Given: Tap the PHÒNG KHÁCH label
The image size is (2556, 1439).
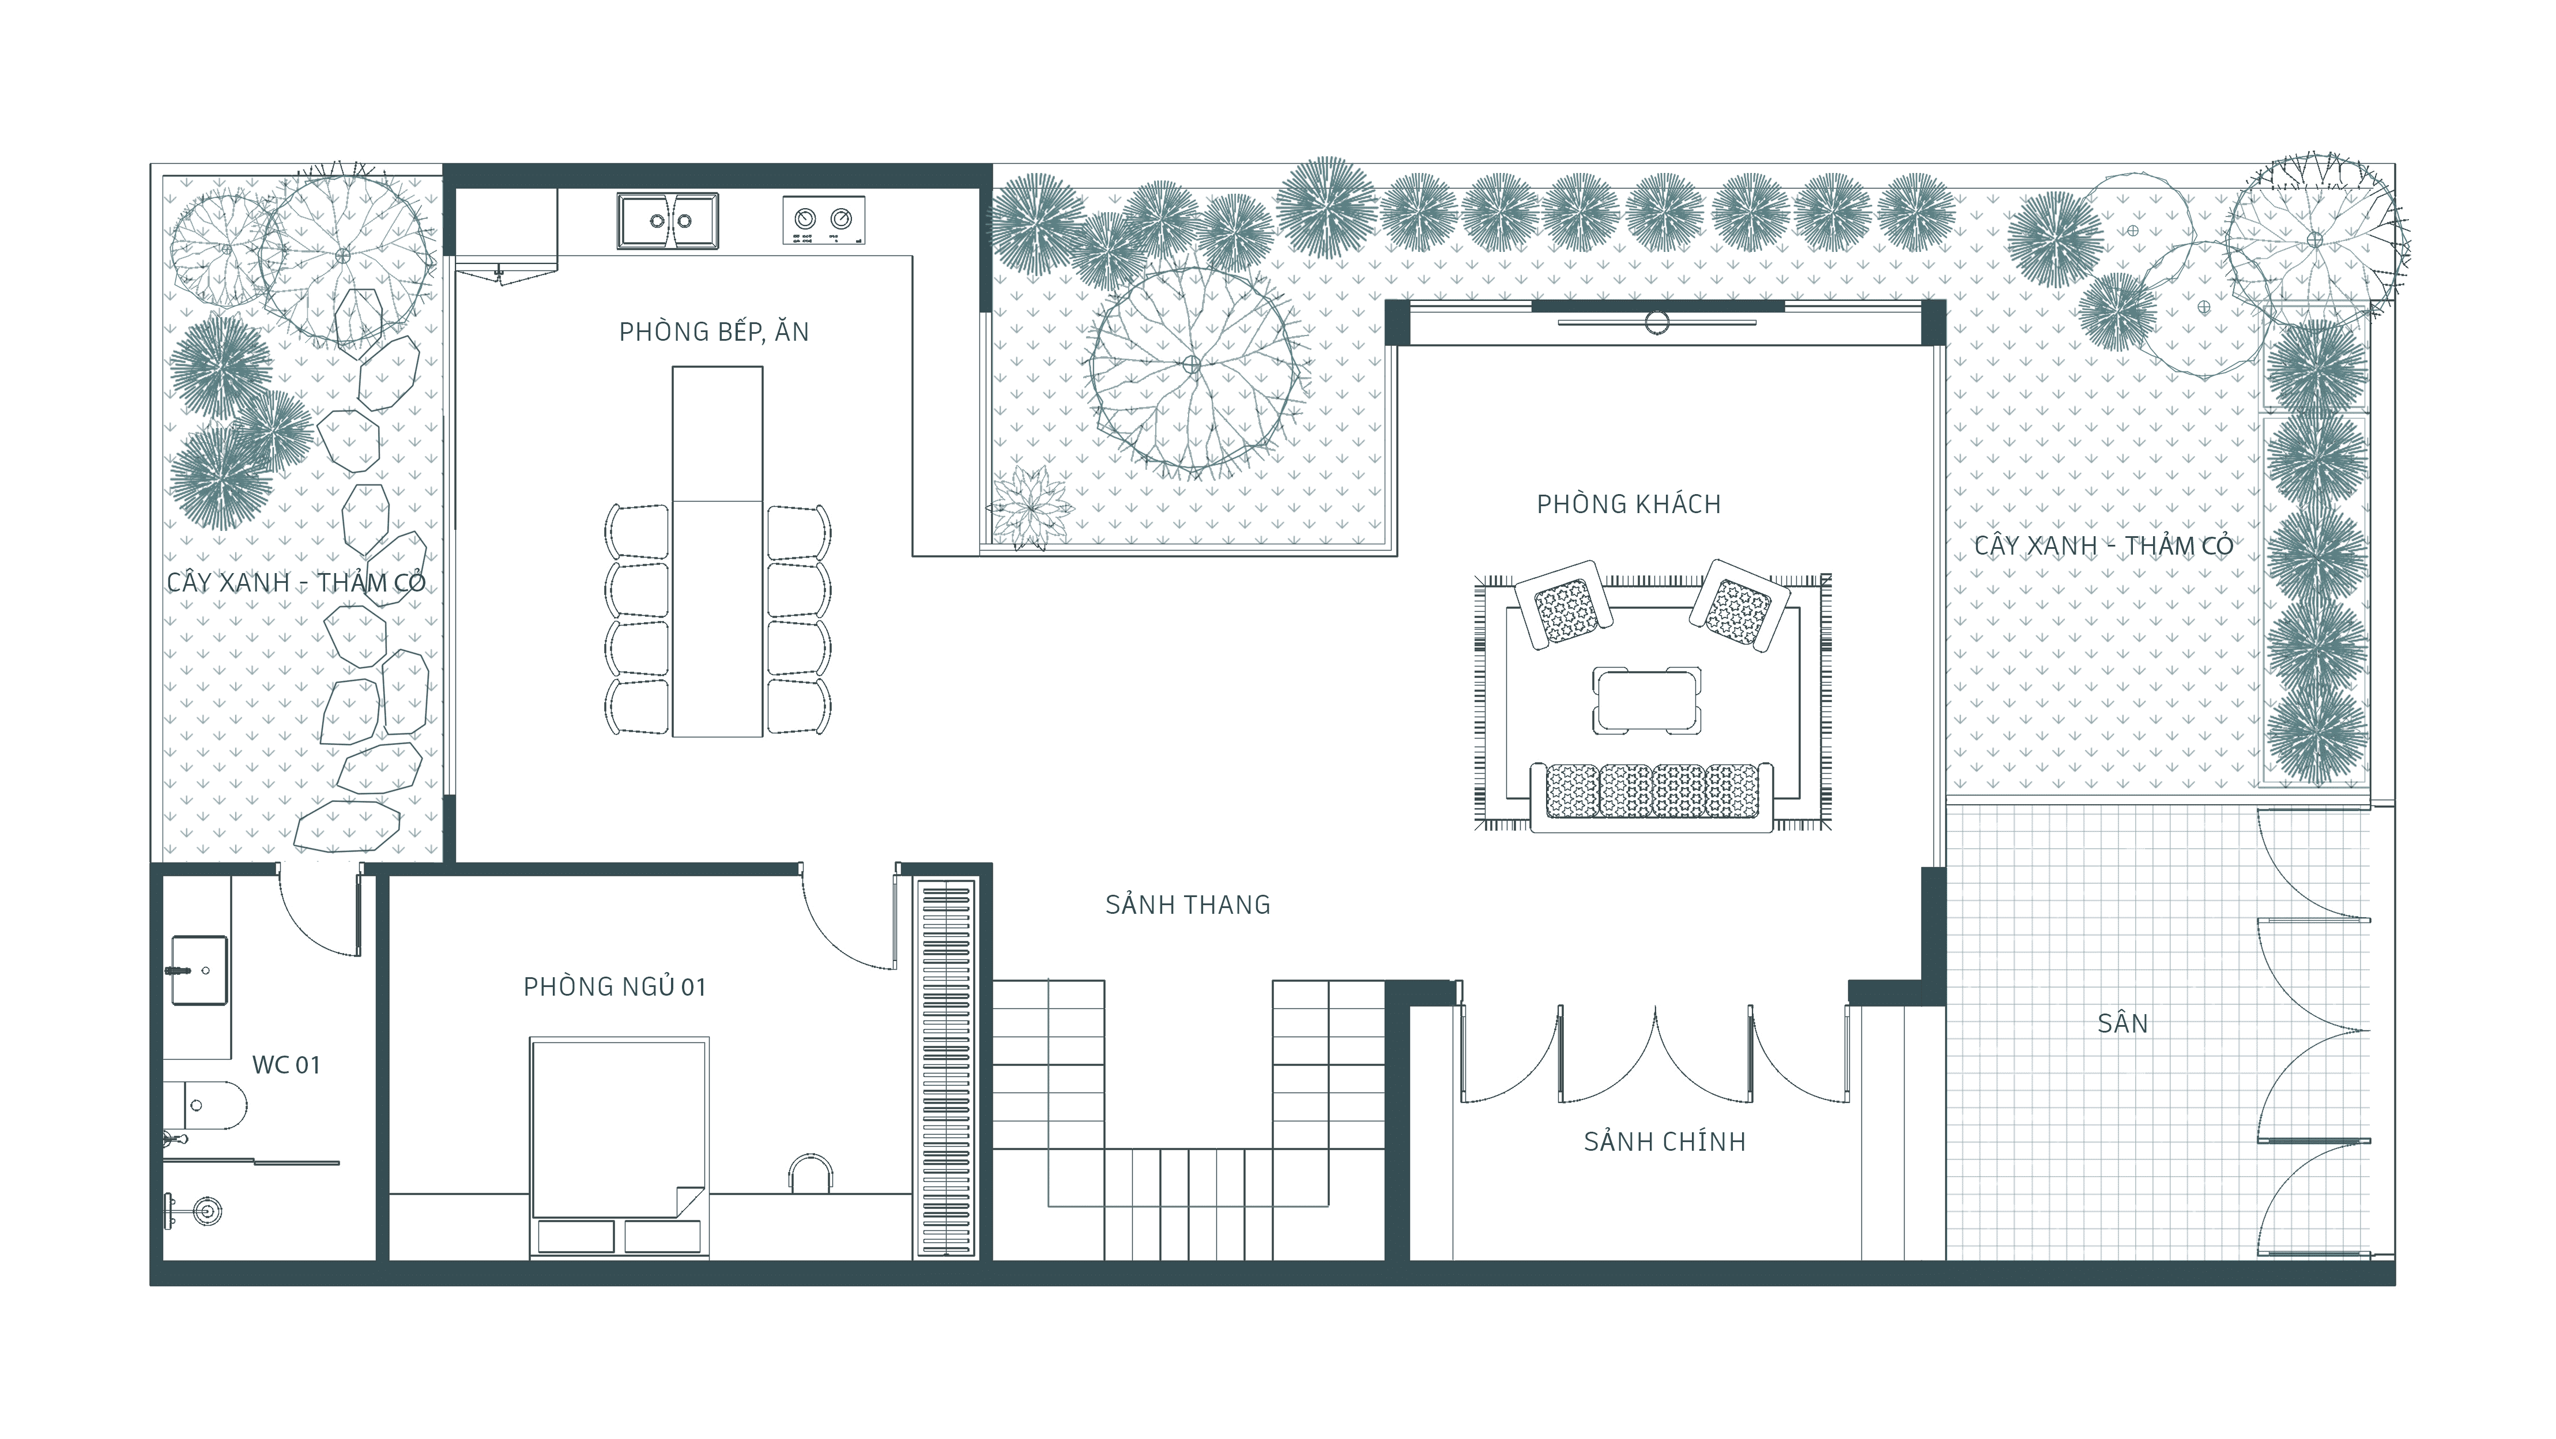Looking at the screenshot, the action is click(x=1628, y=503).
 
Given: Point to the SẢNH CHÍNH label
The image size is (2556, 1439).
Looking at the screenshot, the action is click(x=1664, y=1142).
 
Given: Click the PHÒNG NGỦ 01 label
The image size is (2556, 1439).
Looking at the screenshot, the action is click(x=614, y=986).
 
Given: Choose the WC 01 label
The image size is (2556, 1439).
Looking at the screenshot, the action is click(x=286, y=1065).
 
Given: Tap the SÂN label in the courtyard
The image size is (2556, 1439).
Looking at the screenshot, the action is click(x=2123, y=1023).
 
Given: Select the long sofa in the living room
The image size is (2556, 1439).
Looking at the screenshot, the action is click(x=1651, y=796).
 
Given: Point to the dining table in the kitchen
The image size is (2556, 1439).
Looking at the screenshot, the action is click(x=717, y=552).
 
